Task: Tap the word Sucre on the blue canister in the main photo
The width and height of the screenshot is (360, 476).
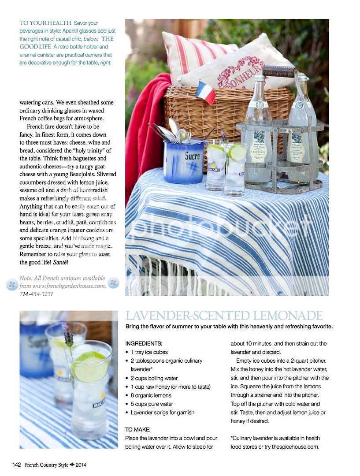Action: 192,156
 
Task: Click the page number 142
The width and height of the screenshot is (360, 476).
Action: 17,464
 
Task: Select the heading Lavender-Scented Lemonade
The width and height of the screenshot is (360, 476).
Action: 224,316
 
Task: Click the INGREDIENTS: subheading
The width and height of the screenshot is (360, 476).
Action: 144,343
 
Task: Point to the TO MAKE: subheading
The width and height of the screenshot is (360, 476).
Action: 138,429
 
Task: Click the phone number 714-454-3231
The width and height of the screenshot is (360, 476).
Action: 37,294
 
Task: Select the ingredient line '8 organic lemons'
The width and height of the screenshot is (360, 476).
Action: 151,395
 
